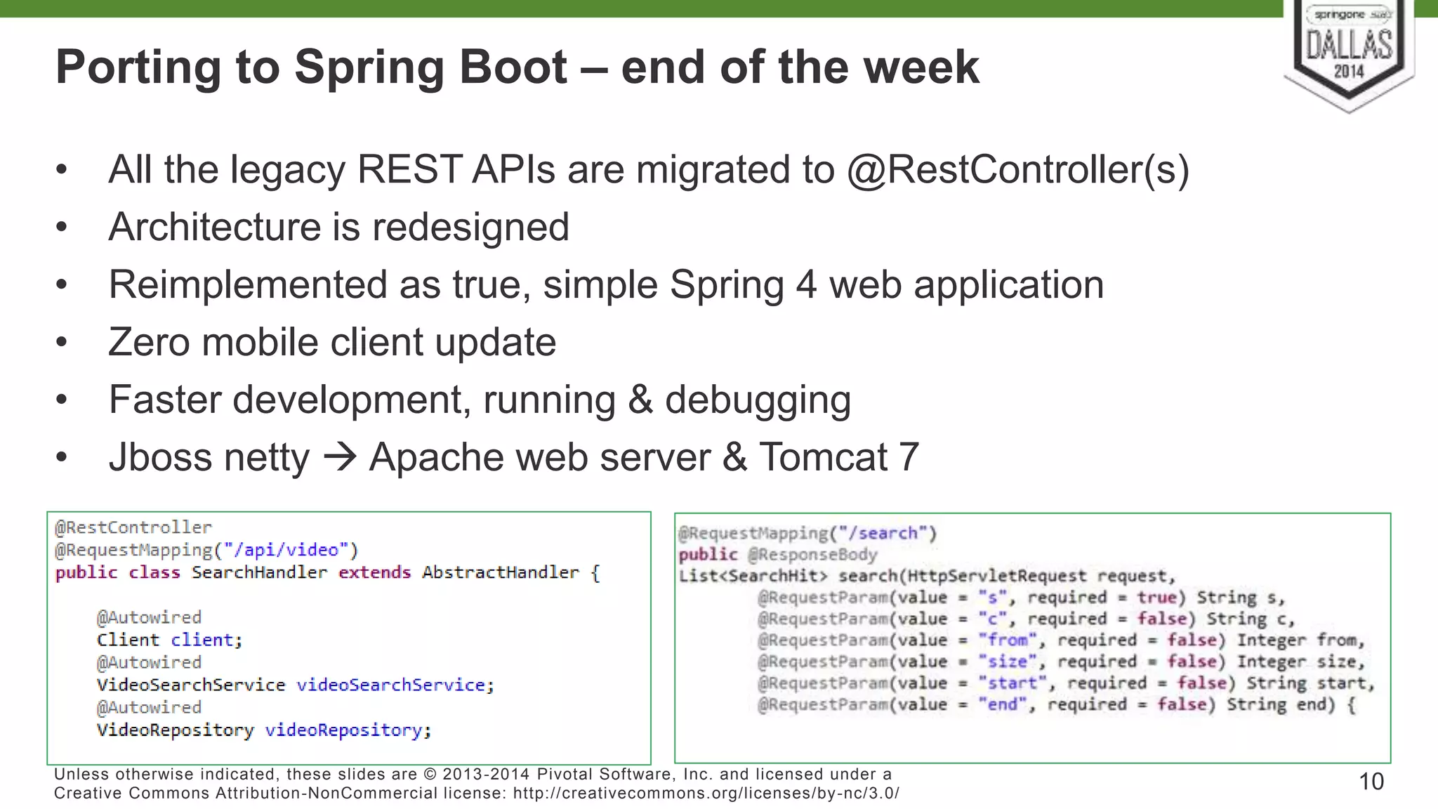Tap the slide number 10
coord(1371,782)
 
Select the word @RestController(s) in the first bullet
coord(1017,170)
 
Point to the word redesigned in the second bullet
coord(470,228)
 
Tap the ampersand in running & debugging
coord(640,400)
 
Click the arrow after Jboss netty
coord(340,457)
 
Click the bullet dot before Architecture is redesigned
coord(62,228)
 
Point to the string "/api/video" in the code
coord(286,550)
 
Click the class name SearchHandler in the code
coord(259,572)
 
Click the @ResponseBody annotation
coord(812,555)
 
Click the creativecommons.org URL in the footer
coord(706,794)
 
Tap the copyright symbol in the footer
coord(430,775)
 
